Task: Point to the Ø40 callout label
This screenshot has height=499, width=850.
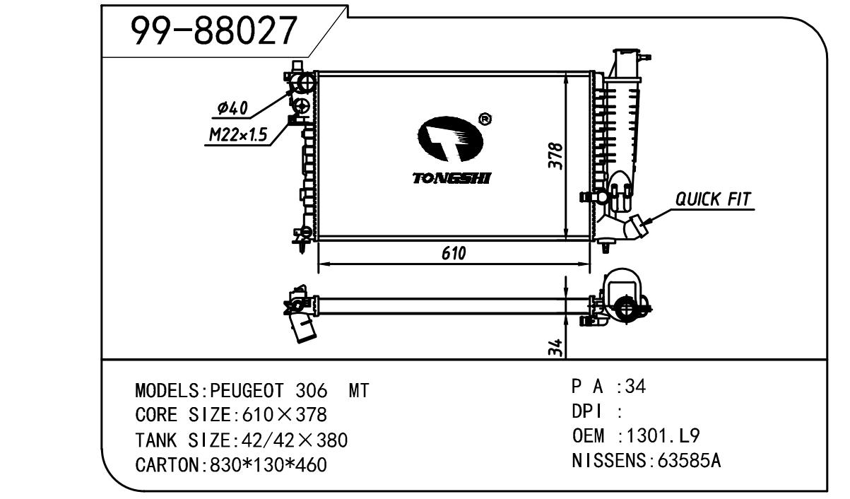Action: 232,108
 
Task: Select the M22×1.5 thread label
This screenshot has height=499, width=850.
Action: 237,136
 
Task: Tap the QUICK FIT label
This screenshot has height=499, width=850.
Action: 713,199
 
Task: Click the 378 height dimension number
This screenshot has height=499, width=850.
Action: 556,156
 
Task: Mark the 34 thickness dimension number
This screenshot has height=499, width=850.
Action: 556,346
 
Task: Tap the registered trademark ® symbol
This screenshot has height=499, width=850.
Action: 485,119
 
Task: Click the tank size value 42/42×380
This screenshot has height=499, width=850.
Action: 294,441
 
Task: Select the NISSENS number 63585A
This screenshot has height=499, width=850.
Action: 688,461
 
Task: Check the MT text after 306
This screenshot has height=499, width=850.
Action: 359,391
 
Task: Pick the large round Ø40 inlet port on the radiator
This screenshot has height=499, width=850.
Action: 305,83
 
